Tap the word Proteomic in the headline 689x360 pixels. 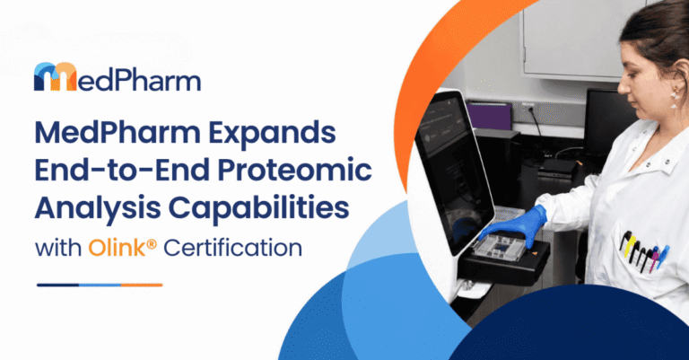pos(295,170)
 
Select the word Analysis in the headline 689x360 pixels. pos(98,207)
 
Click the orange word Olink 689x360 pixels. pos(117,248)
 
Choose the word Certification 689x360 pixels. pos(233,248)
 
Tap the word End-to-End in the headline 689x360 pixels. pos(122,170)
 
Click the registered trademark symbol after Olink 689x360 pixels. pos(151,243)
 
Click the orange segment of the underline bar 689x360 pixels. pos(142,285)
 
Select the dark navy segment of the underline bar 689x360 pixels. pos(57,285)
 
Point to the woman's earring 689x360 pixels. pos(675,98)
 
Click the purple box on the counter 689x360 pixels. pos(489,115)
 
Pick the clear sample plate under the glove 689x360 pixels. pos(499,246)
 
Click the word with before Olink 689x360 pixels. pos(58,248)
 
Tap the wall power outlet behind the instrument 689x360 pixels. pos(528,109)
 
